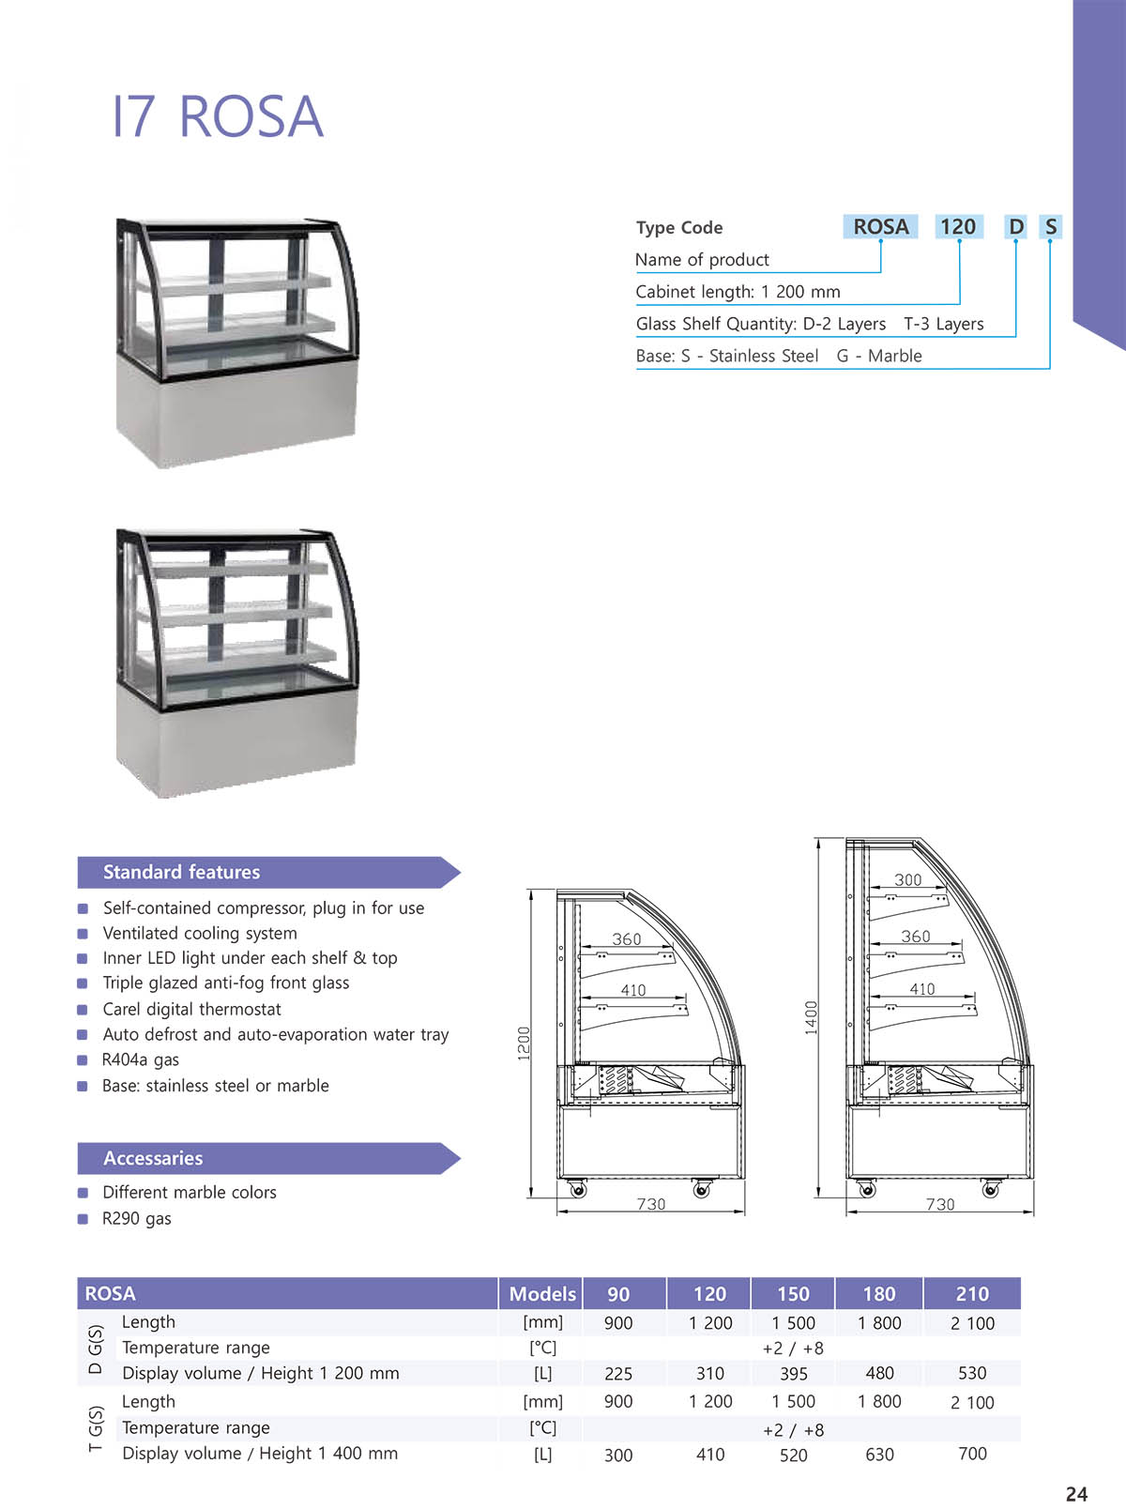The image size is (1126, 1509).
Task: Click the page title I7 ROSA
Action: (217, 117)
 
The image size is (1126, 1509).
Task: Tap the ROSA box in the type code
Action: (880, 227)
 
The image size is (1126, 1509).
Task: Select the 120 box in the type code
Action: (958, 227)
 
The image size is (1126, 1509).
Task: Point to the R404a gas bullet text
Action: (140, 1059)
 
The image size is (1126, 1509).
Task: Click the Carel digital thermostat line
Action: (191, 1009)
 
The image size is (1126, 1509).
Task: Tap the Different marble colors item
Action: (189, 1192)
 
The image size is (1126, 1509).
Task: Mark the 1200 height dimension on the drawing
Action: (524, 1043)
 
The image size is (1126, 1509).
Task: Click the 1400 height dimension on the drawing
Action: (811, 1017)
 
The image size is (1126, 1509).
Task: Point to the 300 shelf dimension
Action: (907, 879)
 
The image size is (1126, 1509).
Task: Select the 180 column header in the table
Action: (878, 1294)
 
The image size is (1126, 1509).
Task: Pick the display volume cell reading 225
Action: (617, 1374)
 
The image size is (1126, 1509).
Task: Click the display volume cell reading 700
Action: (971, 1454)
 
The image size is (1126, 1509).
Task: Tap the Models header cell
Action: (541, 1294)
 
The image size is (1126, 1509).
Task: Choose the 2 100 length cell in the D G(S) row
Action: (971, 1323)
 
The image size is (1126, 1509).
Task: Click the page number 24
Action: (1076, 1494)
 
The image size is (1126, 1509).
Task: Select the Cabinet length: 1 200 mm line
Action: (738, 292)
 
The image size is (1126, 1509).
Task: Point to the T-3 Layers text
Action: (943, 324)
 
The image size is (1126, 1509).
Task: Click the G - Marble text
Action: (879, 356)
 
